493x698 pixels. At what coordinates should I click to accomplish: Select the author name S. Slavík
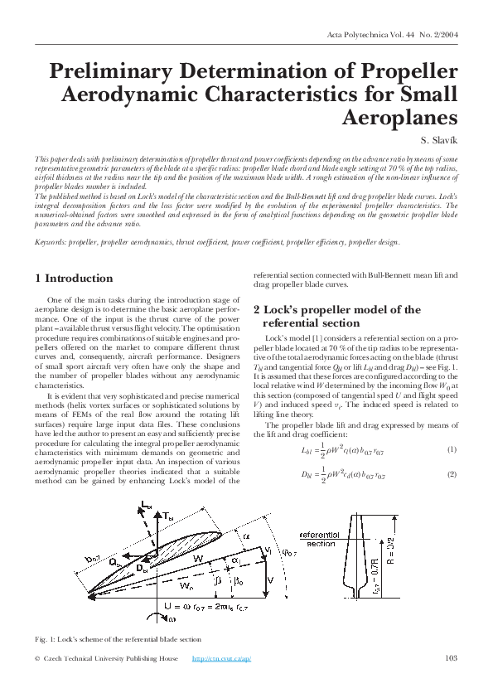437,140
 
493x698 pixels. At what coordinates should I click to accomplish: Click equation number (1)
452,448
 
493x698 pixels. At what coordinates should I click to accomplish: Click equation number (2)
452,473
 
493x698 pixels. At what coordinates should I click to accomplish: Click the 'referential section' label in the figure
321,540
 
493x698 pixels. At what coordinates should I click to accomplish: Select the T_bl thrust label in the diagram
169,516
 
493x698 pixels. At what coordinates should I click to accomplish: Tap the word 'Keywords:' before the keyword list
51,242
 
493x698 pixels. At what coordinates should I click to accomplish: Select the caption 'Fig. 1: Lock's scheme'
118,639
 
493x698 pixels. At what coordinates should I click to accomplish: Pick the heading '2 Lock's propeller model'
349,316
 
